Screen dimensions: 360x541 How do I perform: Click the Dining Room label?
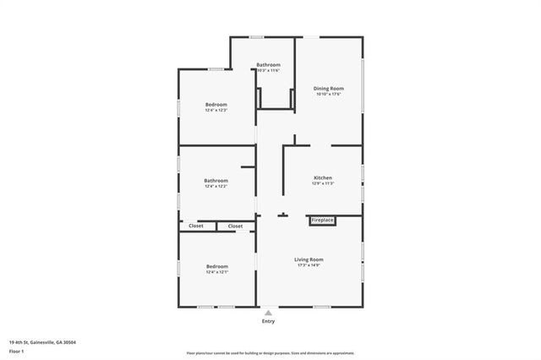coord(329,88)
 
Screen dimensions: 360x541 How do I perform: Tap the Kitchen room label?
coord(323,177)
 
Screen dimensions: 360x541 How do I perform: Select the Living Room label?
coord(309,259)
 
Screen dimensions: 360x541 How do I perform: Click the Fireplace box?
coord(323,221)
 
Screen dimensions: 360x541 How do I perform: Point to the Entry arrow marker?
coord(268,313)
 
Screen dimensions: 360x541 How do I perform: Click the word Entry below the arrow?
coord(268,322)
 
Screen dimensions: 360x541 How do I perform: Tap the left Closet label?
coord(196,226)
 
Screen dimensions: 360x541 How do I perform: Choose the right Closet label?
coord(235,226)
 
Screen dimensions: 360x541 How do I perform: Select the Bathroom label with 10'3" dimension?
coord(269,65)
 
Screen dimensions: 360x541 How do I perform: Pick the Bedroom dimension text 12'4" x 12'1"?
coord(217,272)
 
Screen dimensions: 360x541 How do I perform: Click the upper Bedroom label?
coord(216,105)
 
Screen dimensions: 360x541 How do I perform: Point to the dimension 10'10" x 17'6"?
coord(329,94)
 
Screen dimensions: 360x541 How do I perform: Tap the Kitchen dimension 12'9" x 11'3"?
coord(323,183)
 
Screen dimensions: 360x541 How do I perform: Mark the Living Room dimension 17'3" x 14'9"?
coord(309,265)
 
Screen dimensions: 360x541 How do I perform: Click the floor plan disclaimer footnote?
coord(270,354)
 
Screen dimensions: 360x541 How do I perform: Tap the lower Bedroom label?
coord(217,266)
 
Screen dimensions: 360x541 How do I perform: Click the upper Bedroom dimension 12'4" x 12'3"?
coord(216,111)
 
